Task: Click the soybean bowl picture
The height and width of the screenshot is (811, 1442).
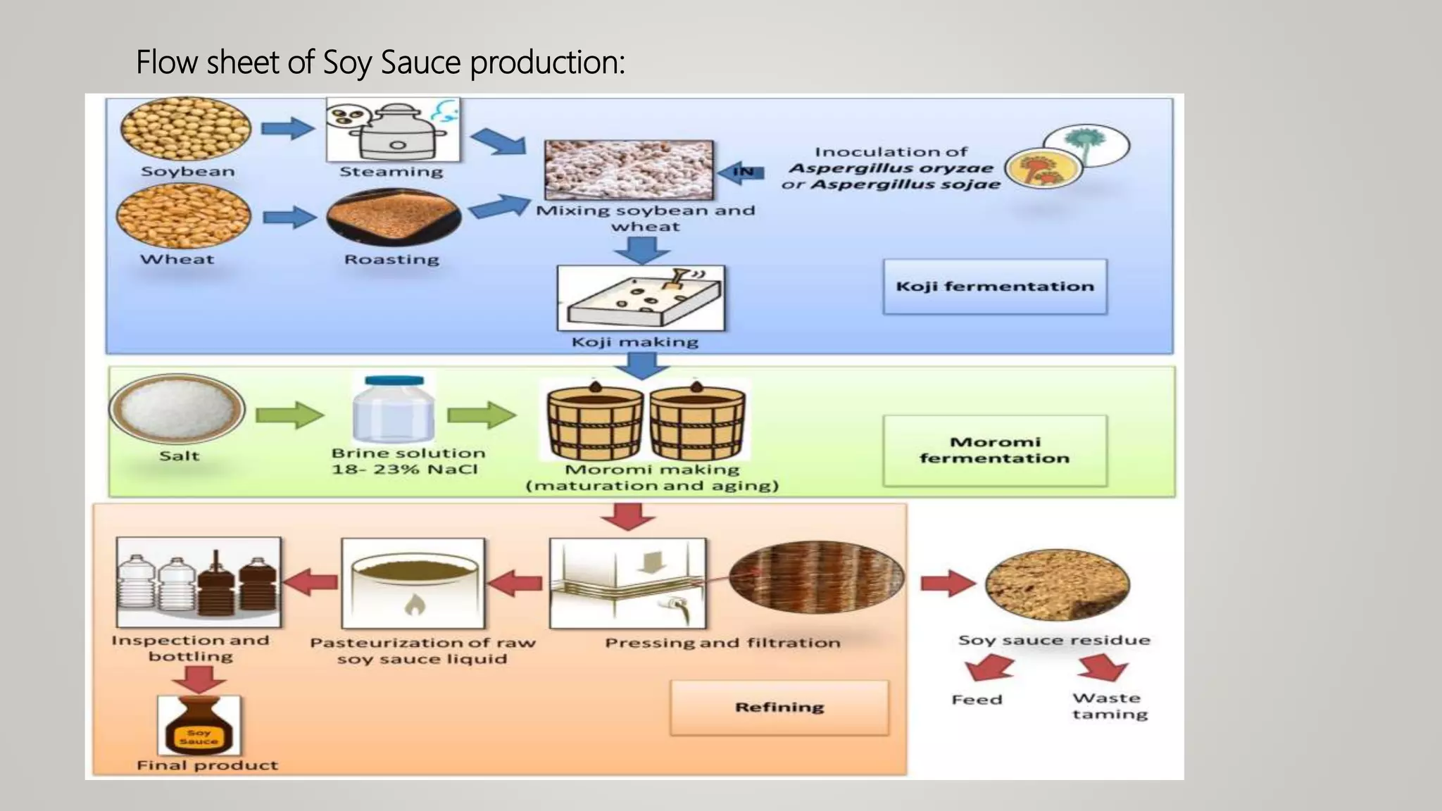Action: pos(186,129)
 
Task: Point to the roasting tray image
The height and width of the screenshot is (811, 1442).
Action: pos(394,217)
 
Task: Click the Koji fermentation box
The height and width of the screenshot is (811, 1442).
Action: pos(994,287)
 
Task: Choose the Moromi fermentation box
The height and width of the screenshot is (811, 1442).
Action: pos(994,451)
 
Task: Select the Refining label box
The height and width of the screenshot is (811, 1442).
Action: pos(779,708)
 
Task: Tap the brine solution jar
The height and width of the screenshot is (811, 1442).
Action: pos(394,410)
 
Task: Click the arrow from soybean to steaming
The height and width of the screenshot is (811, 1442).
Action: pos(287,129)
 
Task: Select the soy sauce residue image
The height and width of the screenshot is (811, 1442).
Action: pos(1057,584)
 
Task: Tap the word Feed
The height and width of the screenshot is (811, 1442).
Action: pos(977,700)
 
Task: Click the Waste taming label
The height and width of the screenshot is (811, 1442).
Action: pos(1109,706)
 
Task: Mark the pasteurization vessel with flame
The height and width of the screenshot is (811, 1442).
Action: pos(413,584)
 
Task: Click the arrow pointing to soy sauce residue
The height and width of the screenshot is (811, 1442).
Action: pos(947,584)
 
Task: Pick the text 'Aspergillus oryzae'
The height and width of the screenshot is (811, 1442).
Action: pos(891,168)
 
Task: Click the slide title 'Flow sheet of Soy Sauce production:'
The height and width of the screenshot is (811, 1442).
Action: pos(380,63)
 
